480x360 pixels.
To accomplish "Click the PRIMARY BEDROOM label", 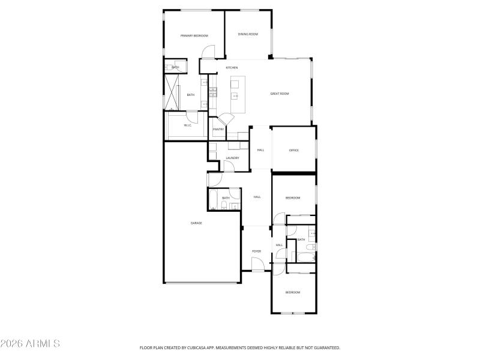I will [x=194, y=36].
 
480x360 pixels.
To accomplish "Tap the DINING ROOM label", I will [x=248, y=34].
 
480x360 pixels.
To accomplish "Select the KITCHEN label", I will [x=232, y=68].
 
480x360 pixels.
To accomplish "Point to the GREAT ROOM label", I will [x=280, y=94].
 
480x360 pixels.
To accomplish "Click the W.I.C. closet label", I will [x=187, y=125].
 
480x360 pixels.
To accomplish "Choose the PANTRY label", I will [x=218, y=129].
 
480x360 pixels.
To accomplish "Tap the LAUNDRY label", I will [x=232, y=158].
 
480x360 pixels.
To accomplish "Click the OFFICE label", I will [x=294, y=150].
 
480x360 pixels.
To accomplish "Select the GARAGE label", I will [x=196, y=223].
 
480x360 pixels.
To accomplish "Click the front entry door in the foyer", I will [x=257, y=264].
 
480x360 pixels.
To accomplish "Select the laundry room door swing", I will [x=228, y=167].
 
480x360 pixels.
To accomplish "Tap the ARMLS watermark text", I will [x=30, y=344].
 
